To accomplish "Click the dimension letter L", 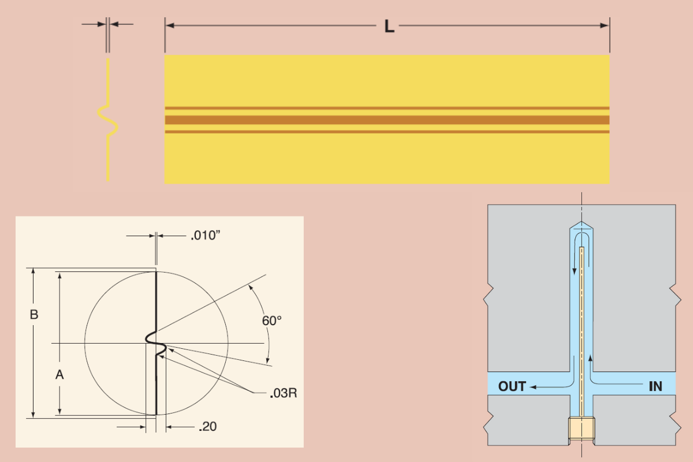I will (390, 26).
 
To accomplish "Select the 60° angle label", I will (271, 321).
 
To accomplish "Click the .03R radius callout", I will (283, 394).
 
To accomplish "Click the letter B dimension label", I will (34, 315).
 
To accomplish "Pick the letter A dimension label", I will (59, 375).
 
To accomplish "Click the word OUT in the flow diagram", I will (512, 386).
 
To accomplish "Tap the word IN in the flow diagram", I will (655, 386).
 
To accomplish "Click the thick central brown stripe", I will (387, 120).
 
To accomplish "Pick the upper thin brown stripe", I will (387, 108).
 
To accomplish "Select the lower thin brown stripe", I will (387, 132).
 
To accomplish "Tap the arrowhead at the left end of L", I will (169, 25).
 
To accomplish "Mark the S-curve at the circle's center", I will (156, 342).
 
